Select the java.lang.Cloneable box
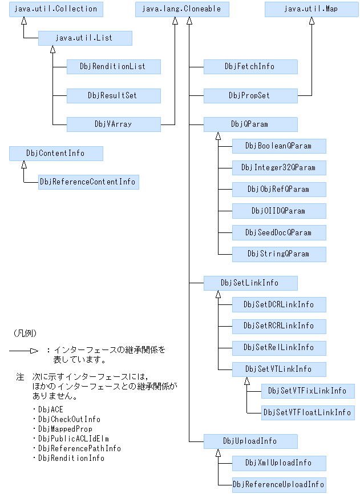coord(182,9)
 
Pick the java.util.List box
coord(84,38)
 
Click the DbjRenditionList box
coord(113,67)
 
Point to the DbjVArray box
coord(113,124)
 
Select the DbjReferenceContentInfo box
coord(88,182)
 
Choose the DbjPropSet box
coord(250,95)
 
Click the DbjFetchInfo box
coord(250,67)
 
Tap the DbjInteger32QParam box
coord(278,167)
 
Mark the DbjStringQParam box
coord(278,254)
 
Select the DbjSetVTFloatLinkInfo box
coord(307,412)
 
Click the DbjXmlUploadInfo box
coord(278,463)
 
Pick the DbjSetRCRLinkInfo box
coord(278,326)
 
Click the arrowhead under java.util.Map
coord(311,21)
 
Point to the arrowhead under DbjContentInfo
coord(24,165)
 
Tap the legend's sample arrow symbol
coord(23,351)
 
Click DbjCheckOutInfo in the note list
coord(68,419)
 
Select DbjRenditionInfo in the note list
coord(71,458)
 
